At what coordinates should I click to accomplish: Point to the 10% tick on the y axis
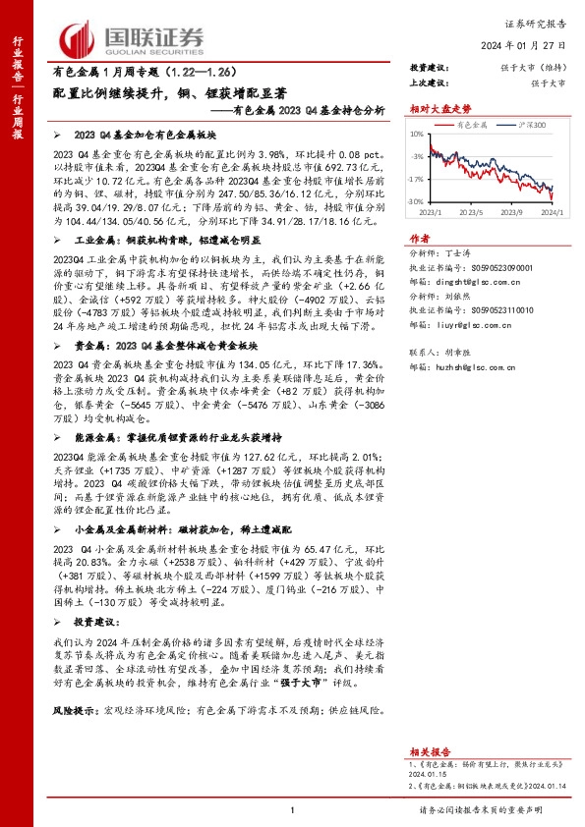417,135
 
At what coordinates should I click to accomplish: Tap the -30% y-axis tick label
416,201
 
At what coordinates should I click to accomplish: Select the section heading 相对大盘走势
435,110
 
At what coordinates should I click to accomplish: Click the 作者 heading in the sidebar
419,238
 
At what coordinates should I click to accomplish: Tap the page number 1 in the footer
293,808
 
